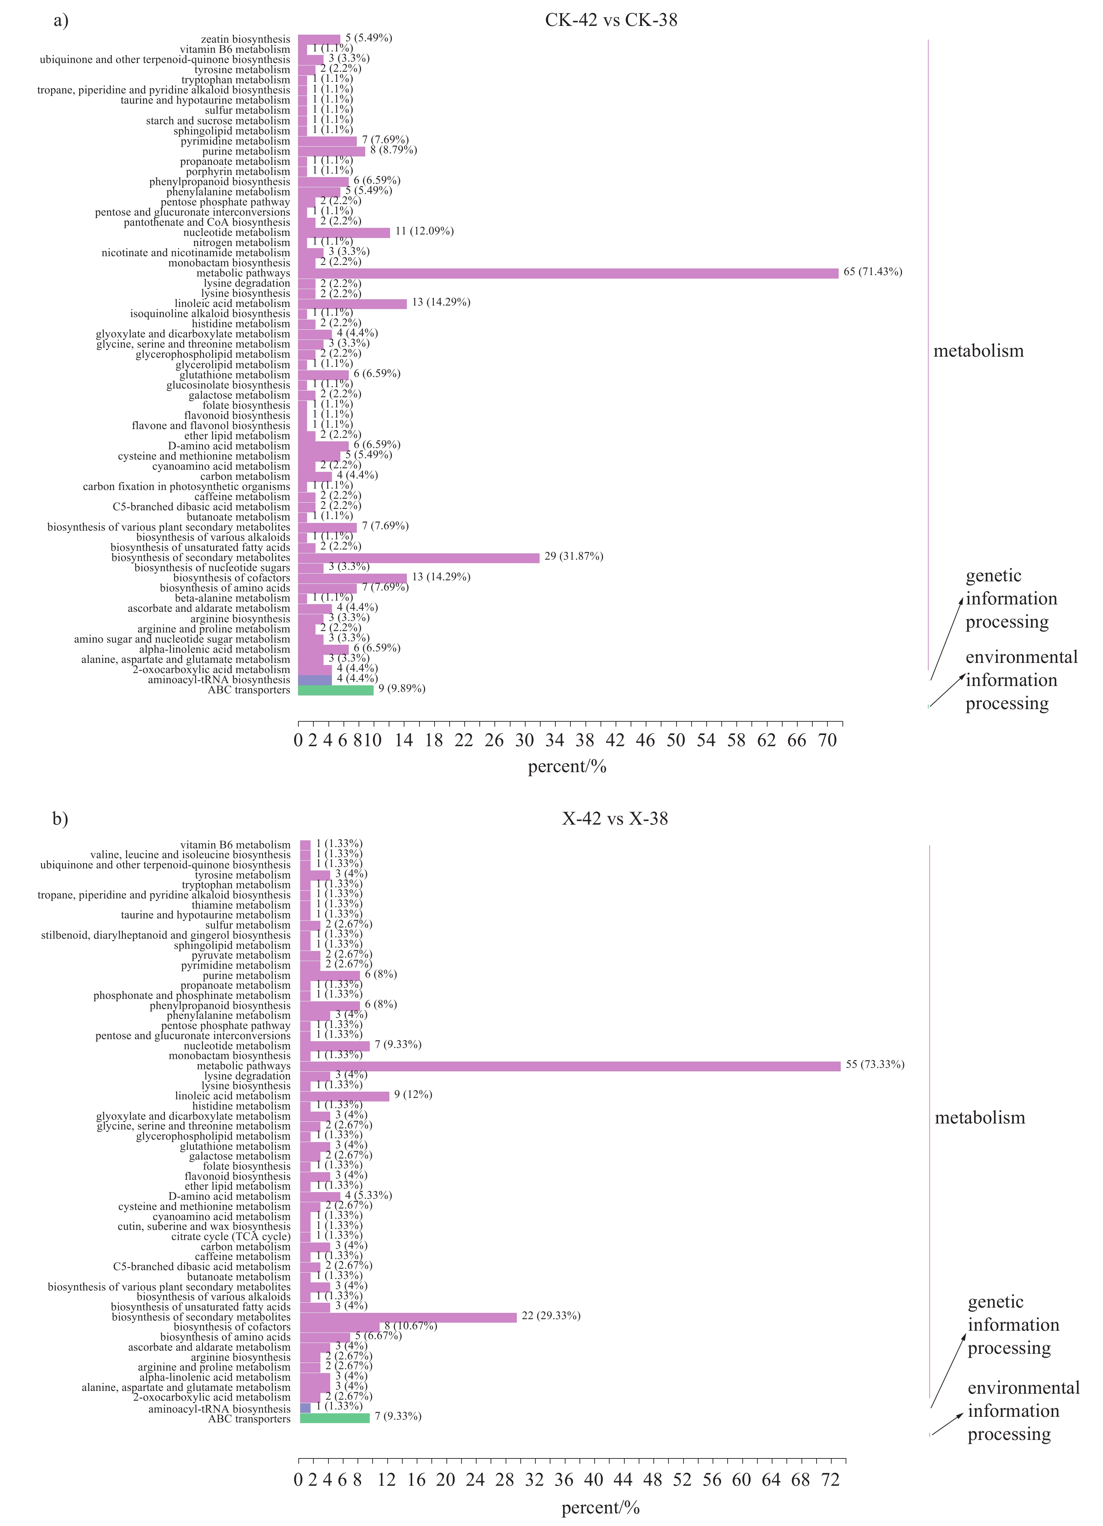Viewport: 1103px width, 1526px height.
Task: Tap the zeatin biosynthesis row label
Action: click(x=245, y=39)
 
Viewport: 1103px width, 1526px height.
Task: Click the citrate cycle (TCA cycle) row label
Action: click(x=231, y=1237)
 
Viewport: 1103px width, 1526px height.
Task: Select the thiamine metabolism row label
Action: click(x=241, y=905)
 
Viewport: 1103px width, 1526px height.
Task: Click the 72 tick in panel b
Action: click(x=831, y=1479)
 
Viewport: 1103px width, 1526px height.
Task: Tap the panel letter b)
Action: click(x=61, y=819)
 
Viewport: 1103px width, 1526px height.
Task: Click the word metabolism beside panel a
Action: click(x=978, y=351)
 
